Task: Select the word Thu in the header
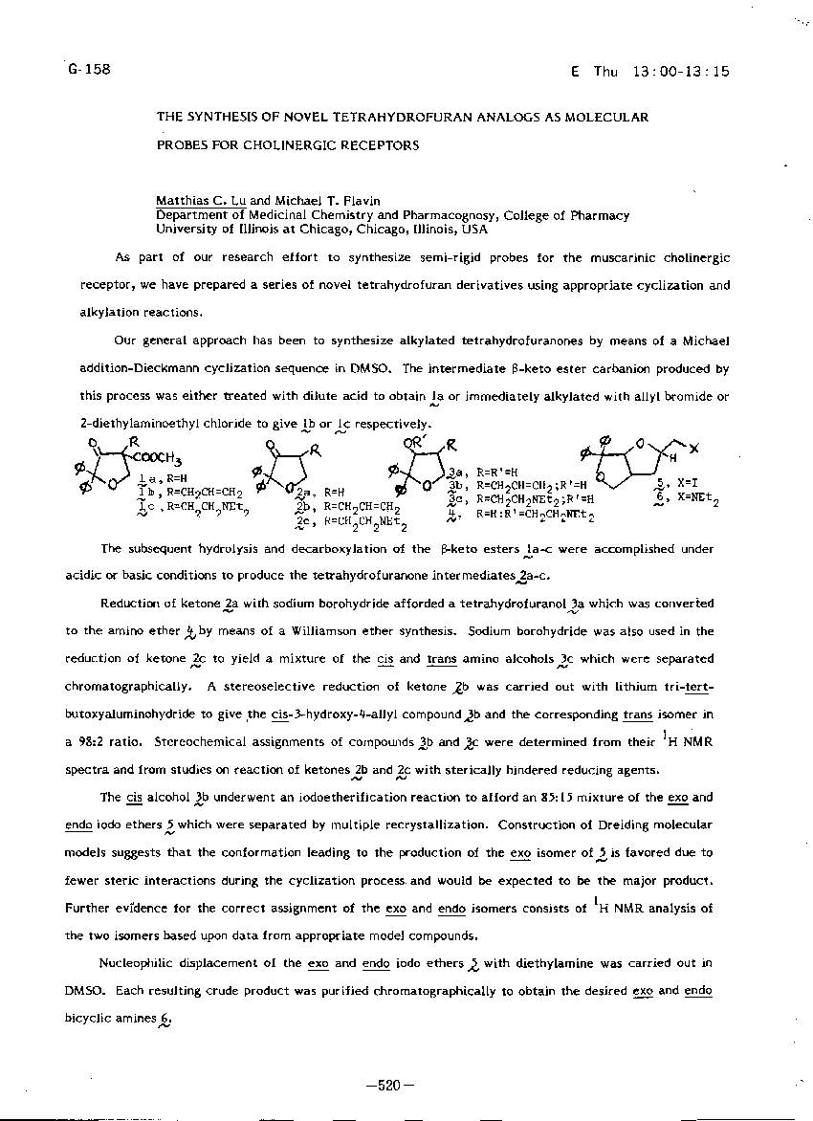click(606, 71)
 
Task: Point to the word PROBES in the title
click(184, 146)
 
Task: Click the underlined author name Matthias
click(185, 201)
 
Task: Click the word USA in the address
click(474, 230)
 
